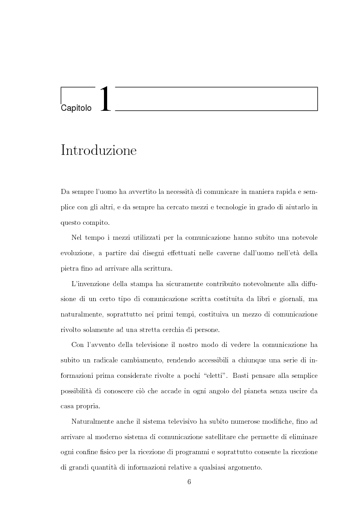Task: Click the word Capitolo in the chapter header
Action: pyautogui.click(x=76, y=108)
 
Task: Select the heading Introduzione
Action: pyautogui.click(x=99, y=150)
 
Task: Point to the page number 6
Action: pyautogui.click(x=189, y=482)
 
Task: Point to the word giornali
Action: pyautogui.click(x=287, y=298)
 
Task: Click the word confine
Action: pyautogui.click(x=86, y=452)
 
